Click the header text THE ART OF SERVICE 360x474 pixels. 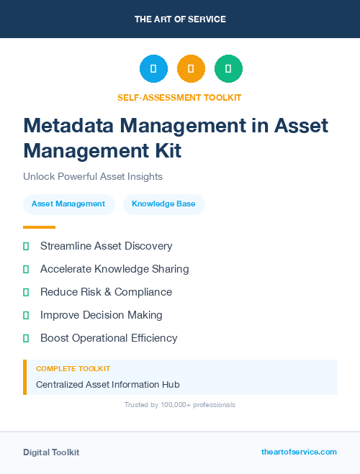point(180,19)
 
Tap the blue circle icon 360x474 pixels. point(153,69)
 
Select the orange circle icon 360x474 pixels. point(191,69)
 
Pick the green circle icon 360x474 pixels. point(228,69)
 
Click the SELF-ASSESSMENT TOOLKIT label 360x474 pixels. point(179,97)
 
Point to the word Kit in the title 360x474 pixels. point(165,150)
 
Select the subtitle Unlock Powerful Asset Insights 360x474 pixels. point(93,176)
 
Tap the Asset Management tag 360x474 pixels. point(68,204)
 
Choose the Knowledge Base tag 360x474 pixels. point(163,204)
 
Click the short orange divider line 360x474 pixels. point(39,227)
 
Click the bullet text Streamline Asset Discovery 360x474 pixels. point(106,246)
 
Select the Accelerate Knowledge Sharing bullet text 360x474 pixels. point(114,269)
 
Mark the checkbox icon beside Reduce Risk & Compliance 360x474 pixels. point(26,292)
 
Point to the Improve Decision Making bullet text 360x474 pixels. point(101,315)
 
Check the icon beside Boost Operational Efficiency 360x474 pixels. point(26,338)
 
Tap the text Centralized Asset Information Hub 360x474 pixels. point(107,384)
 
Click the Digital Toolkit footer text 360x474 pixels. point(51,452)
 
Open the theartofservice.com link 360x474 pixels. point(299,452)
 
